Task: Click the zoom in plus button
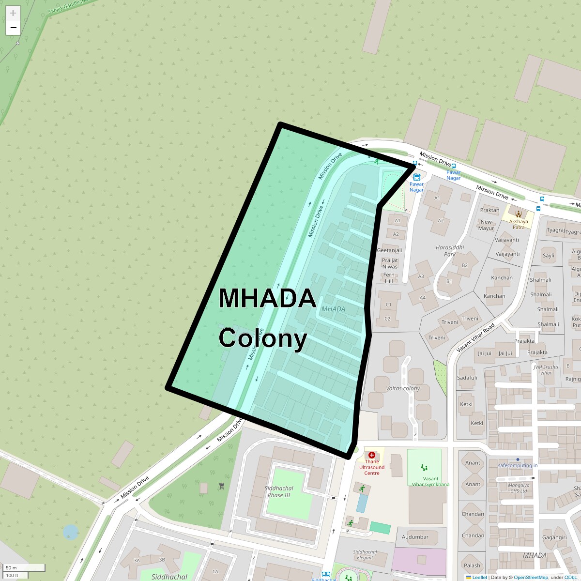coord(13,13)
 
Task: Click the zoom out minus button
coord(13,28)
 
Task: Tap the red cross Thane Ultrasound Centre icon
coord(371,455)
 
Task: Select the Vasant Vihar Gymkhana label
coord(430,481)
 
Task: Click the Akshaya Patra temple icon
coord(519,214)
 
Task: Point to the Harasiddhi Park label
coord(450,250)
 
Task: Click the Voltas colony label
coord(403,388)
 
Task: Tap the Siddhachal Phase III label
coord(279,491)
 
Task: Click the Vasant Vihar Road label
coord(475,337)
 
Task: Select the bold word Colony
coord(262,338)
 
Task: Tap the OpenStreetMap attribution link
coord(531,577)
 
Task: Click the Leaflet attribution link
coord(479,577)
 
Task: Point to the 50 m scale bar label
coord(11,567)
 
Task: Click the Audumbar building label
coord(415,536)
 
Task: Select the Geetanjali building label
coord(389,250)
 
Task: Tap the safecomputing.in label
coord(518,465)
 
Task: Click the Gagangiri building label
coord(554,537)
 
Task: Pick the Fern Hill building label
coord(389,277)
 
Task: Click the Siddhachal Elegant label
coord(365,554)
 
